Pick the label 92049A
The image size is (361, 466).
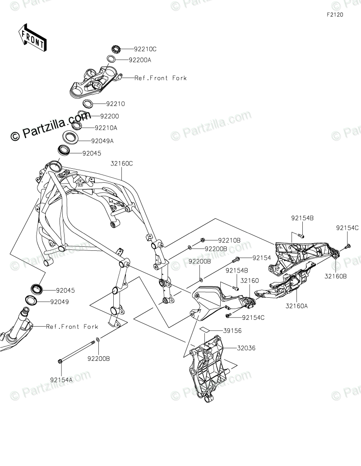pos(102,141)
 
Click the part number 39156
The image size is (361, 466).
pos(232,331)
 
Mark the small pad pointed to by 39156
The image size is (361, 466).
pos(205,330)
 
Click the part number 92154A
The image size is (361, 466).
pos(61,380)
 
